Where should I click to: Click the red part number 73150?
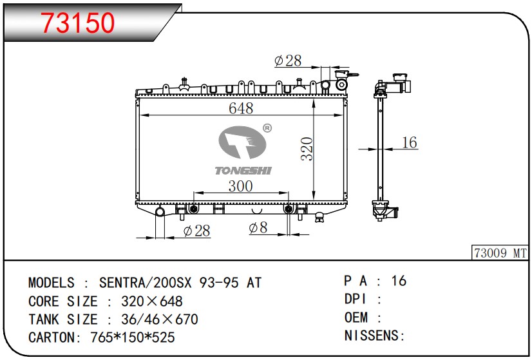78,23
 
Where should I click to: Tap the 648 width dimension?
241,108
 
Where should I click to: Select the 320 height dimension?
307,149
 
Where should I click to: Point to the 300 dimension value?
240,186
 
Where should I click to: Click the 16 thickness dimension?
409,142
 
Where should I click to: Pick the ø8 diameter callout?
258,228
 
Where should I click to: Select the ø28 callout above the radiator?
288,61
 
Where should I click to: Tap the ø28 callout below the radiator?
197,231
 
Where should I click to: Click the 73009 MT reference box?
500,253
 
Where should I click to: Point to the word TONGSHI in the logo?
243,170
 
